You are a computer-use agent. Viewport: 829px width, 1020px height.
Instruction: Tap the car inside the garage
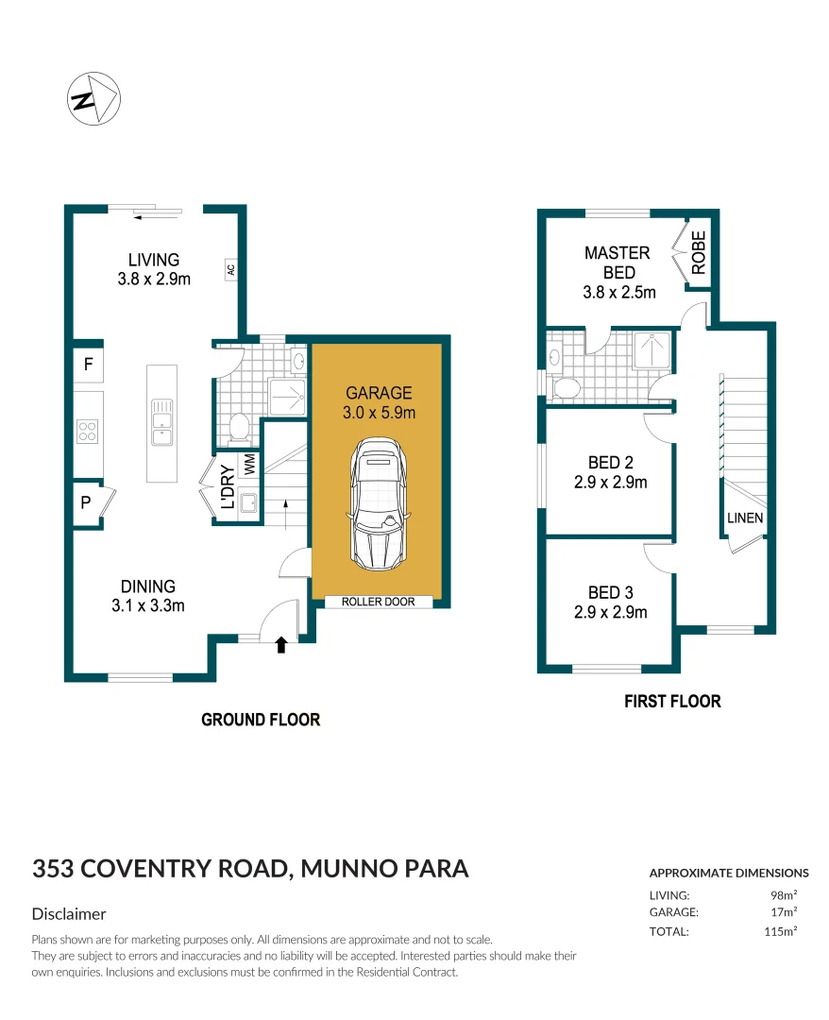[378, 507]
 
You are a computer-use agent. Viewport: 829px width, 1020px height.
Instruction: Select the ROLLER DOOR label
[378, 602]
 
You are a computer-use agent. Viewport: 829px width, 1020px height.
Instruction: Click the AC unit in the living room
[229, 270]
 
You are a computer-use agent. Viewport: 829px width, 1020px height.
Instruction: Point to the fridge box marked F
[88, 364]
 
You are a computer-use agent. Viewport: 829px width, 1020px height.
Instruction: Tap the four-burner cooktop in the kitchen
[88, 432]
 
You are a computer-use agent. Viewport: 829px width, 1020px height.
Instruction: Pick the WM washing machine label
[249, 465]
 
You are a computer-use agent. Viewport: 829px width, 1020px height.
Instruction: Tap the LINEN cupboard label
[745, 518]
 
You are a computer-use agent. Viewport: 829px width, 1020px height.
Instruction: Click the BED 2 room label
[610, 463]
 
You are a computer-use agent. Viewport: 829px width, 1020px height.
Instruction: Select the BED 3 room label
[610, 592]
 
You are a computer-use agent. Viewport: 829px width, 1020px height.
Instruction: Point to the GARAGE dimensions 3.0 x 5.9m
[380, 412]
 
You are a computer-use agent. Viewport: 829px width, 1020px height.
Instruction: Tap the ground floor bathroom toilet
[240, 429]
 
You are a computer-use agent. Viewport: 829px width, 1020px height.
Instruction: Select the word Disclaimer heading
[69, 914]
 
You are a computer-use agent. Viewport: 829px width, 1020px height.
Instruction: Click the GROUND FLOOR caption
[261, 720]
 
